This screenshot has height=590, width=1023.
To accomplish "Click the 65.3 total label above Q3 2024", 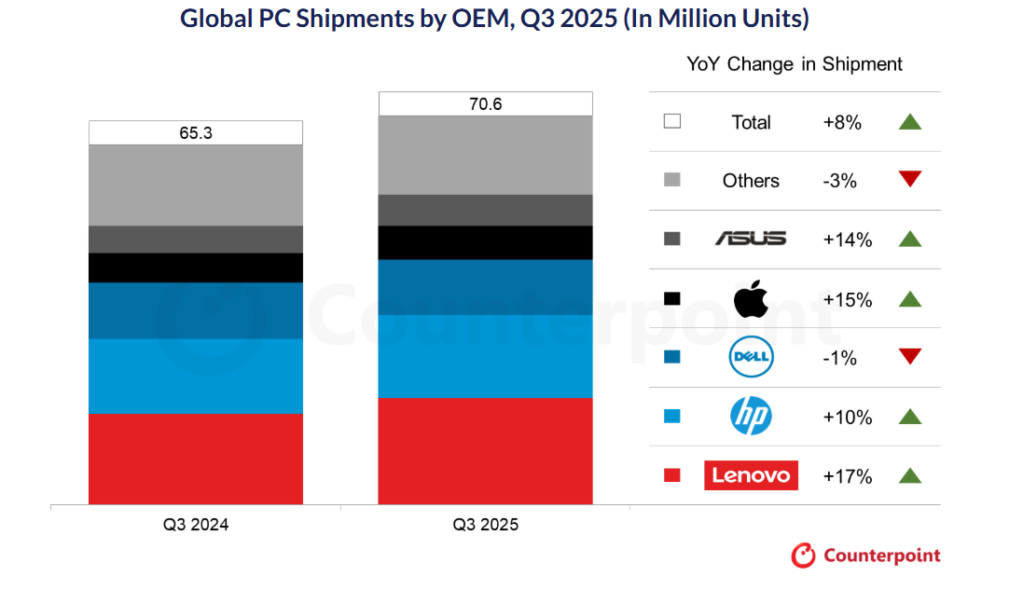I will pyautogui.click(x=196, y=133).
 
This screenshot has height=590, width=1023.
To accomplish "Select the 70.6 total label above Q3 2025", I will pyautogui.click(x=485, y=103).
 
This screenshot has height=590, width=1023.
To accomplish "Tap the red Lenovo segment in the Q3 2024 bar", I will pyautogui.click(x=196, y=458).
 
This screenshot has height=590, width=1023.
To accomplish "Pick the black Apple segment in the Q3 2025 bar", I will pyautogui.click(x=485, y=242).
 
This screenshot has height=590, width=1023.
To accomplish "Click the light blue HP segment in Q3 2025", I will pyautogui.click(x=485, y=356).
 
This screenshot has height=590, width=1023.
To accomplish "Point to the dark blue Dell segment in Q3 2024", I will pyautogui.click(x=196, y=310).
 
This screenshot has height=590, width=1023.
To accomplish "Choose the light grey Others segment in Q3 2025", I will pyautogui.click(x=485, y=155).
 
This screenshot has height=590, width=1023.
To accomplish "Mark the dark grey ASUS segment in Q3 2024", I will pyautogui.click(x=196, y=240).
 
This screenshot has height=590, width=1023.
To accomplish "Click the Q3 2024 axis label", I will pyautogui.click(x=196, y=525).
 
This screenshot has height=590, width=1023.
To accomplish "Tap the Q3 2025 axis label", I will pyautogui.click(x=485, y=525).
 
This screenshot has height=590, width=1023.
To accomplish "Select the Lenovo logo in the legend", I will pyautogui.click(x=751, y=475).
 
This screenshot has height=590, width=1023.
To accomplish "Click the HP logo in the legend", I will pyautogui.click(x=751, y=417).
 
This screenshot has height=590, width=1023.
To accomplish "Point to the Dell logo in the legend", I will pyautogui.click(x=751, y=357).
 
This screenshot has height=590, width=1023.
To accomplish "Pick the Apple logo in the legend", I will pyautogui.click(x=751, y=299).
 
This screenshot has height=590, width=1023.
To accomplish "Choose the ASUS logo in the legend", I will pyautogui.click(x=751, y=240).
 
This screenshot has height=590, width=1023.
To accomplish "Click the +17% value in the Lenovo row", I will pyautogui.click(x=848, y=476).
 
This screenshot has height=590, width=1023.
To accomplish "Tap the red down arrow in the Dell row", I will pyautogui.click(x=910, y=356).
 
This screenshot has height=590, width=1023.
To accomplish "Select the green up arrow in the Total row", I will pyautogui.click(x=910, y=121).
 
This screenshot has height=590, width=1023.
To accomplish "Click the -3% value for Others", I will pyautogui.click(x=840, y=181).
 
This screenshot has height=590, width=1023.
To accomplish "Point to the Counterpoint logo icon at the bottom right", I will pyautogui.click(x=803, y=556).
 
